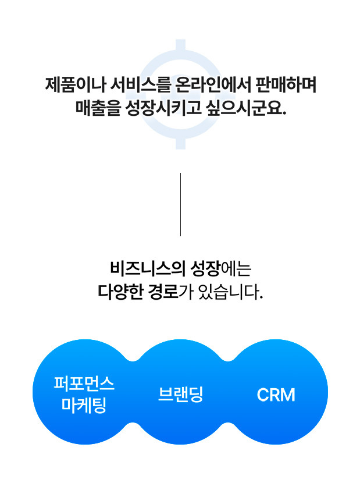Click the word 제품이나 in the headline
coord(74,85)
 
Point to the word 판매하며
coord(286,85)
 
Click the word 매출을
coord(98,108)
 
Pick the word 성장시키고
coord(163,108)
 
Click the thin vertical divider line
coord(180,204)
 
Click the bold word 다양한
coord(120,292)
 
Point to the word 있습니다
coord(230,292)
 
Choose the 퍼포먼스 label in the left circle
coord(84,383)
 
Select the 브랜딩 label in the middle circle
coord(180,395)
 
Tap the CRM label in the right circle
coord(276,395)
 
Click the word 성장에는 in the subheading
coord(220,269)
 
